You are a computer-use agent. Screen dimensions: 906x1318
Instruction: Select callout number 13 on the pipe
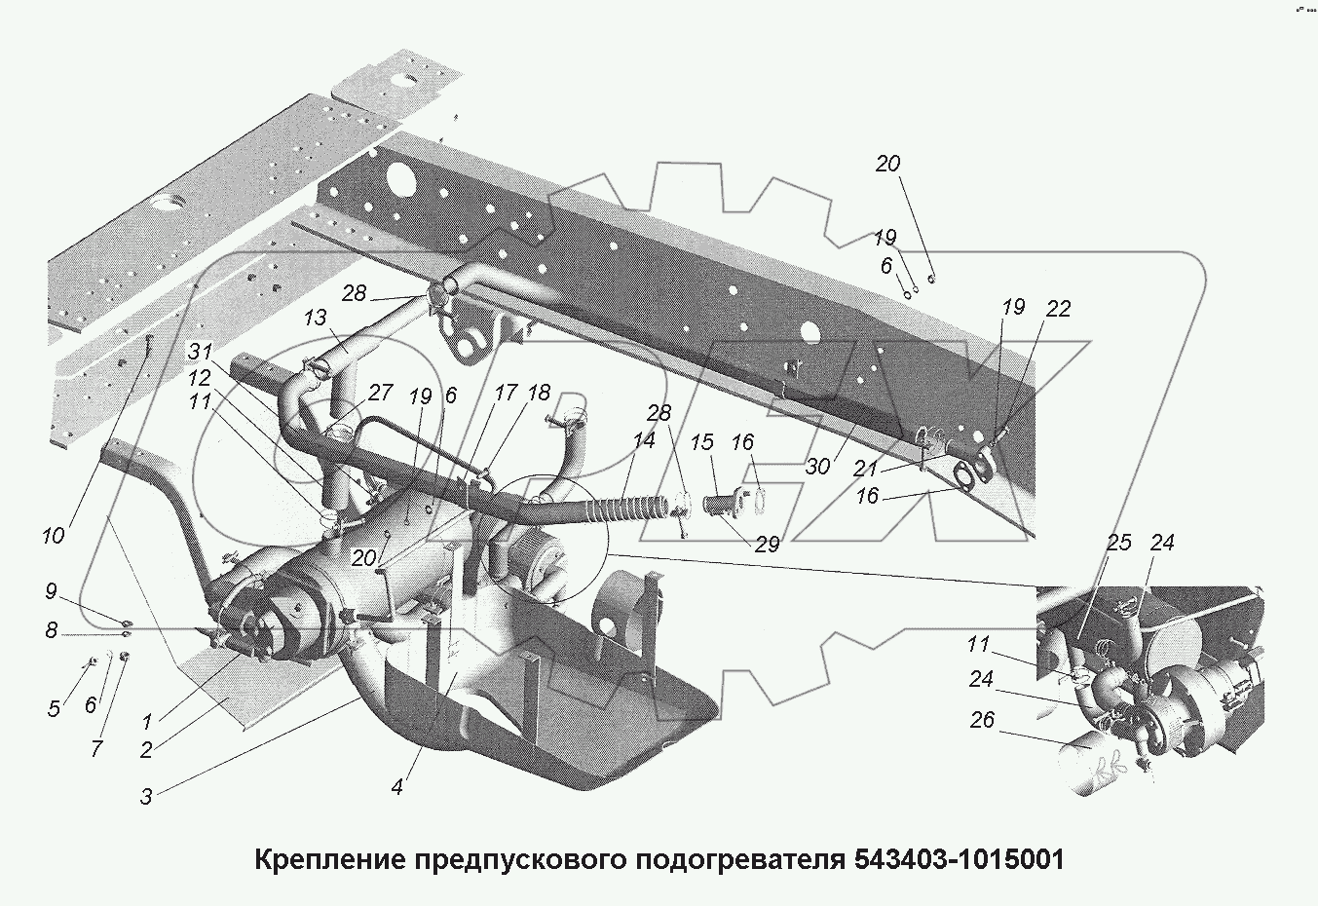click(314, 318)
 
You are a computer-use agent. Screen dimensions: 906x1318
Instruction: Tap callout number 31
click(200, 353)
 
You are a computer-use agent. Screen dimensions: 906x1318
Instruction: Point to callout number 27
click(380, 393)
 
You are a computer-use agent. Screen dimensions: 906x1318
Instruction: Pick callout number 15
click(702, 442)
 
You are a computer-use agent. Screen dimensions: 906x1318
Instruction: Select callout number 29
click(767, 545)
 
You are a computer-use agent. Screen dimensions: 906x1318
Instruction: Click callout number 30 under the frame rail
click(817, 467)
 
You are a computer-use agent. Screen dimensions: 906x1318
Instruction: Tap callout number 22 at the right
click(1058, 309)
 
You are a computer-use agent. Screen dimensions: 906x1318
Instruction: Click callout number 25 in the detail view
click(1119, 542)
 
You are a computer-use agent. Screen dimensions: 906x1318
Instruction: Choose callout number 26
click(982, 721)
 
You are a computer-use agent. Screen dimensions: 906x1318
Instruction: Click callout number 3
click(146, 797)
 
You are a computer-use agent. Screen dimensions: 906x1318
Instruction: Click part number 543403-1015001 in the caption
click(958, 860)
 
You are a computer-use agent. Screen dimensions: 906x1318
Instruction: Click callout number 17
click(506, 394)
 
